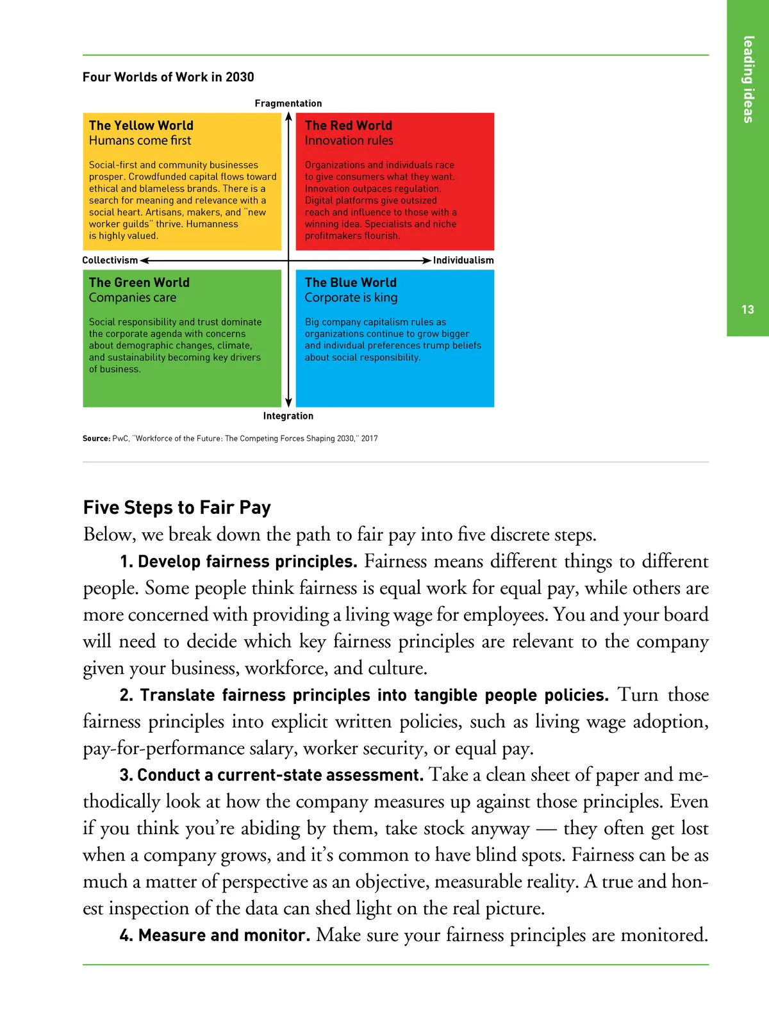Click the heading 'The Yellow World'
pyautogui.click(x=141, y=126)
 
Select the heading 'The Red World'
pyautogui.click(x=348, y=126)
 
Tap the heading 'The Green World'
pyautogui.click(x=139, y=283)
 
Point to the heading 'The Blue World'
pyautogui.click(x=351, y=283)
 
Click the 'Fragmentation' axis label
pyautogui.click(x=288, y=103)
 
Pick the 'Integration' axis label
pyautogui.click(x=288, y=416)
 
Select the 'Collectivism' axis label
pyautogui.click(x=110, y=260)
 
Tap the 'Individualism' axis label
pyautogui.click(x=463, y=260)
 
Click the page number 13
pyautogui.click(x=748, y=309)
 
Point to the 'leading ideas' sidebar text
pyautogui.click(x=748, y=79)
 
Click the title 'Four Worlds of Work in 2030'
pyautogui.click(x=168, y=77)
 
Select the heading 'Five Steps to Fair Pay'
pyautogui.click(x=177, y=507)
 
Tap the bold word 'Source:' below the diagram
pyautogui.click(x=96, y=439)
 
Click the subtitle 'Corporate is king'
pyautogui.click(x=351, y=297)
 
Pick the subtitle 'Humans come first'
pyautogui.click(x=140, y=140)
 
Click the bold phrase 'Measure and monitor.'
pyautogui.click(x=224, y=935)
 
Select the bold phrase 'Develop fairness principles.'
pyautogui.click(x=247, y=562)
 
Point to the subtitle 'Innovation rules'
pyautogui.click(x=349, y=140)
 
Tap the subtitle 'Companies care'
pyautogui.click(x=133, y=297)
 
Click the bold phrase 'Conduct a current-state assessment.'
pyautogui.click(x=280, y=775)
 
